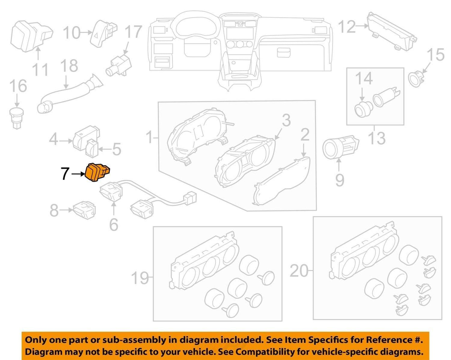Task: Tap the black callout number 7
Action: click(x=65, y=174)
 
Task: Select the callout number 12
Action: click(x=347, y=27)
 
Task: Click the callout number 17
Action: click(x=133, y=32)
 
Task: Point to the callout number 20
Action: click(x=299, y=271)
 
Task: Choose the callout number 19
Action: click(x=140, y=278)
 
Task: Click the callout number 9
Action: click(x=340, y=180)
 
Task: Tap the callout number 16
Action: click(x=18, y=86)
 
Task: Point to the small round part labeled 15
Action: click(x=416, y=78)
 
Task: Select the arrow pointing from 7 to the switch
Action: click(x=78, y=174)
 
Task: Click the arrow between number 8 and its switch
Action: click(x=66, y=210)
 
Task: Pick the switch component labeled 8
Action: click(x=84, y=210)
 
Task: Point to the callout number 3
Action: click(x=286, y=120)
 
